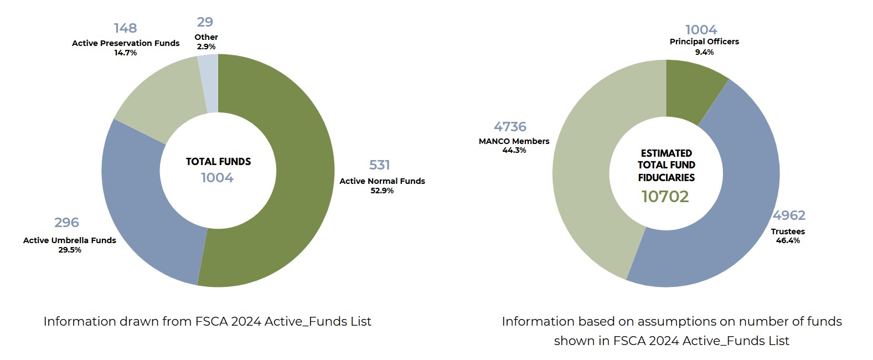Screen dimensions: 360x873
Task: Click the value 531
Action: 380,165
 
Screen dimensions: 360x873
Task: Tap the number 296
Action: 66,223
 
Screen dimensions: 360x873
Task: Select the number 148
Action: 126,28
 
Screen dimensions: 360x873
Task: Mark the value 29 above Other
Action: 205,22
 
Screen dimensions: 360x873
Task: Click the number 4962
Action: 789,215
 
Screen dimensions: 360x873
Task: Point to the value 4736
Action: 510,127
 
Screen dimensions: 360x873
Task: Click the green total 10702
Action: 665,197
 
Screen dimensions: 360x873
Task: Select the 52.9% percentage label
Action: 382,191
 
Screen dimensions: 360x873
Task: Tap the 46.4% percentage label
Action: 788,240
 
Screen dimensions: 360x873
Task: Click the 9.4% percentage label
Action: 704,52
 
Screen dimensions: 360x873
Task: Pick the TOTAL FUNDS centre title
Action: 218,162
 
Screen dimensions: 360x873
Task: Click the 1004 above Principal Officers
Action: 701,30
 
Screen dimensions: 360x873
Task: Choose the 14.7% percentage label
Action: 126,53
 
